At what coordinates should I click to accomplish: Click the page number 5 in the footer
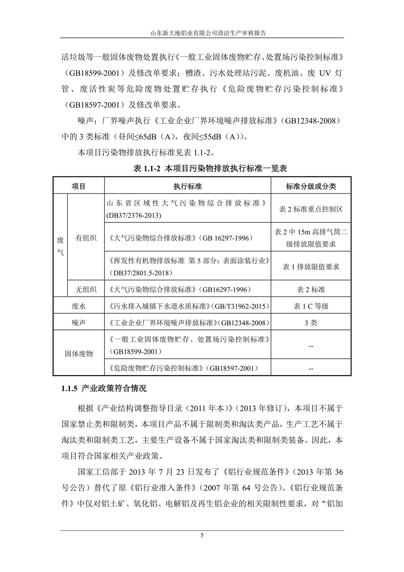pos(202,535)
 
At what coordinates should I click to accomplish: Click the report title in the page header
pos(202,34)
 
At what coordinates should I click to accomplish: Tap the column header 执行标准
pos(187,186)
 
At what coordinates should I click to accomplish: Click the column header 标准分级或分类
pos(311,186)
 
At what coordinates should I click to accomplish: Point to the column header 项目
pos(78,186)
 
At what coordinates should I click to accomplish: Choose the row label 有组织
pos(86,238)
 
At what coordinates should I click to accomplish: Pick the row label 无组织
pos(86,289)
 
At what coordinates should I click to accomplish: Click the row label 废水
pos(78,306)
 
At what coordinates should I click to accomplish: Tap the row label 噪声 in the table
pos(78,323)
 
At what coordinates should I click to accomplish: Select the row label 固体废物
pos(78,354)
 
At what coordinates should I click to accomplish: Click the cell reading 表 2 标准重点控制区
pos(311,209)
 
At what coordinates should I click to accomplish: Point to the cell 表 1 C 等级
pos(311,306)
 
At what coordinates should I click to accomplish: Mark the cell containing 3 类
pos(311,323)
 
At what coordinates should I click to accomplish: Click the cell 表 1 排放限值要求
pos(311,267)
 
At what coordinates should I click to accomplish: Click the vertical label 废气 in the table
pos(60,247)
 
